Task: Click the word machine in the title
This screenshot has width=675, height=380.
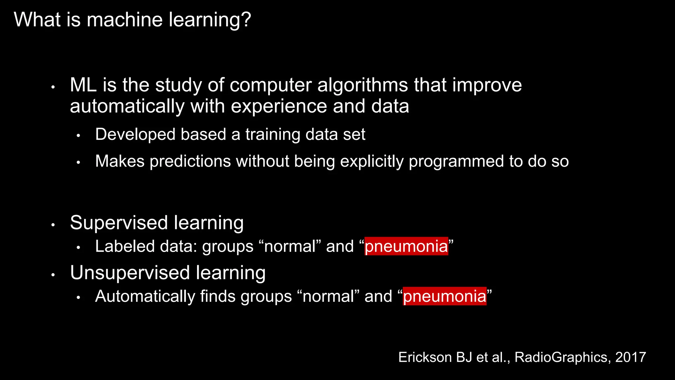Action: pos(125,19)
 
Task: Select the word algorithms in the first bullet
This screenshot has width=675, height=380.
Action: pos(363,85)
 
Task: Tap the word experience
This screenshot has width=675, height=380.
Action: pos(279,107)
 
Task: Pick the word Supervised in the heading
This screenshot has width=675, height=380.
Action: pos(119,223)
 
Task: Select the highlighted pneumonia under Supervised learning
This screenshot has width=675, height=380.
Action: pos(406,246)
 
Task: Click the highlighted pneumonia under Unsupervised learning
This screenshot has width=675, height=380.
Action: pos(444,296)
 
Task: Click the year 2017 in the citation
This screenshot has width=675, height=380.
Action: pos(630,357)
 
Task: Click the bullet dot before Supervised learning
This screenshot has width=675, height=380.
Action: pos(53,225)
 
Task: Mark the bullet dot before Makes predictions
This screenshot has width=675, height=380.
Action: pos(78,162)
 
